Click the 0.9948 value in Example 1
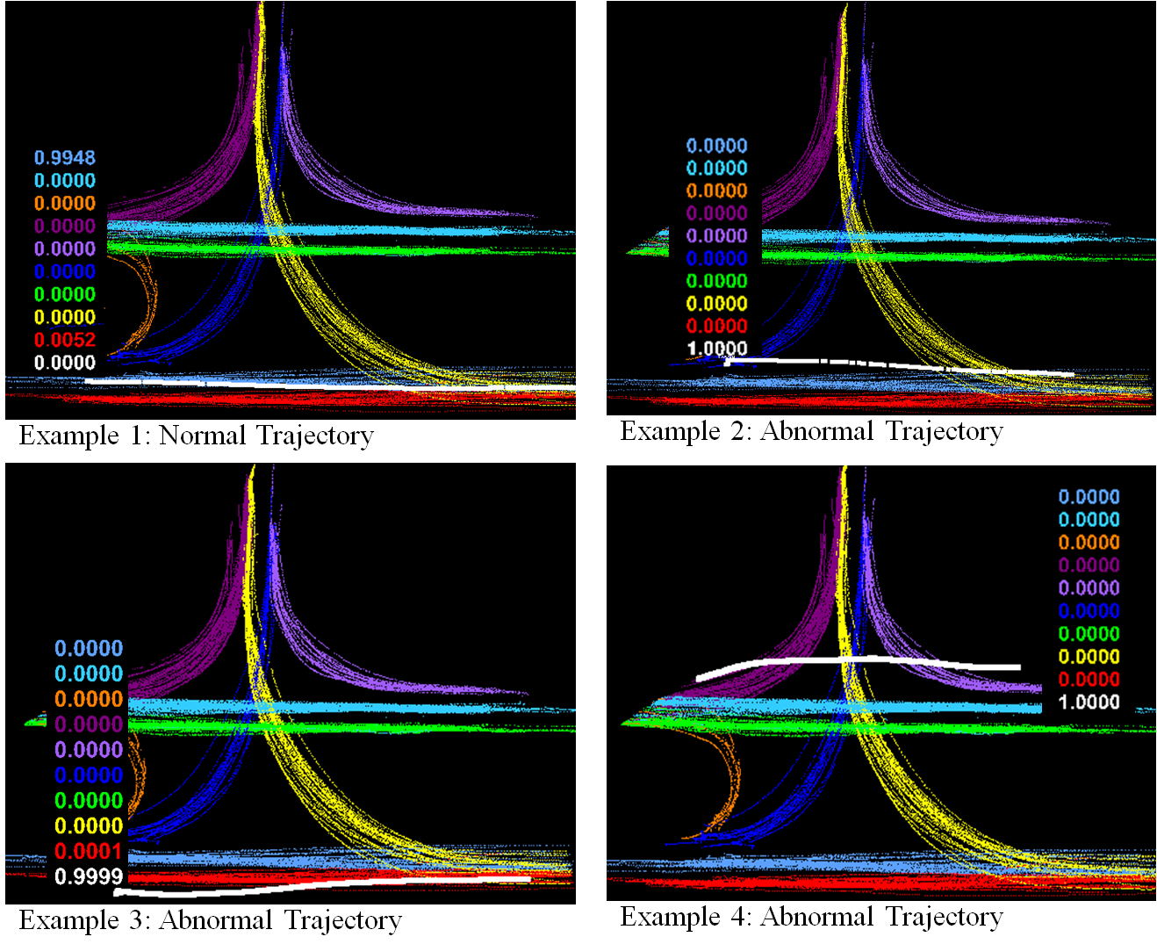[65, 158]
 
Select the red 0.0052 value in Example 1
[65, 341]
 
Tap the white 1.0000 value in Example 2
[717, 349]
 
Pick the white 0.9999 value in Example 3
[89, 876]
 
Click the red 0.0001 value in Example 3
[89, 851]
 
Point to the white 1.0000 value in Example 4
[1089, 702]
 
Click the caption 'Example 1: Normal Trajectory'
[197, 436]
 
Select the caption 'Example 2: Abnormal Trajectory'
[811, 431]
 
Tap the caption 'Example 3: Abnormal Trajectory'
[210, 920]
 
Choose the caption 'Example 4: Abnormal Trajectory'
[811, 917]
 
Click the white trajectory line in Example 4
[859, 659]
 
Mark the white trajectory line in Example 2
[900, 365]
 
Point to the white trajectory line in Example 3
[324, 885]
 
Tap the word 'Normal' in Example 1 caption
[202, 436]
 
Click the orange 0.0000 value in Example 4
[1089, 543]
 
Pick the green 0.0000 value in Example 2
[717, 281]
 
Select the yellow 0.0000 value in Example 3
[89, 826]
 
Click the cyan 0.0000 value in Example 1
[65, 181]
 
